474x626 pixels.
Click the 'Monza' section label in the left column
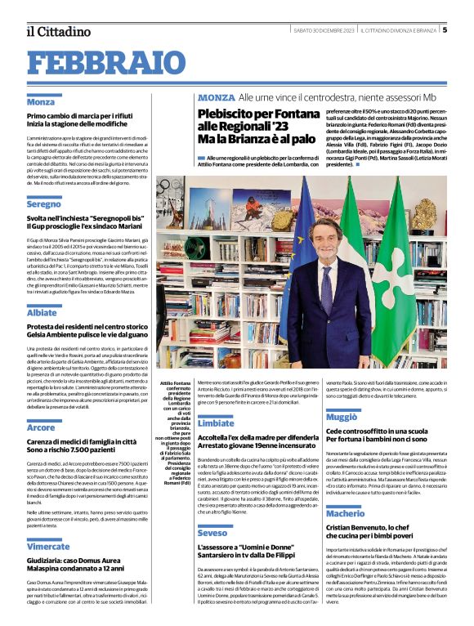click(x=41, y=102)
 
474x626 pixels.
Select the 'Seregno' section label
click(x=44, y=204)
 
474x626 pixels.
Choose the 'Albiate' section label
click(x=42, y=312)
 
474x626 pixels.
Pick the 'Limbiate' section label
click(x=215, y=423)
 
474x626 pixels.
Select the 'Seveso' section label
click(x=212, y=533)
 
